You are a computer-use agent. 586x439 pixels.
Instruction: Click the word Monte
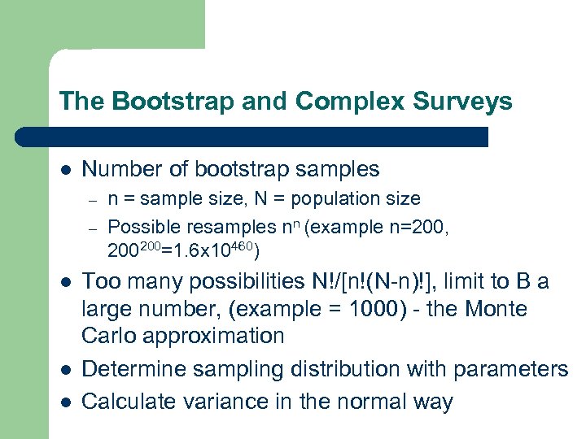495,309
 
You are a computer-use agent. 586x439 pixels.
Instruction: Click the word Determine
136,369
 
